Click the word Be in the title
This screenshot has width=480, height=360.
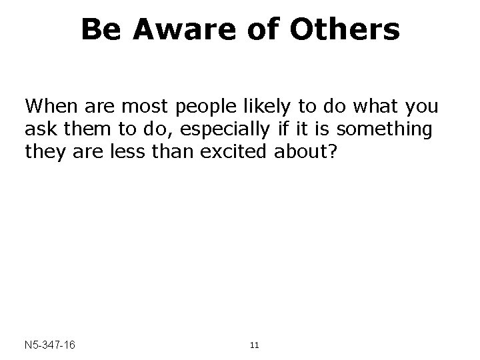point(101,29)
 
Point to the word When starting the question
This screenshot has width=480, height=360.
point(49,106)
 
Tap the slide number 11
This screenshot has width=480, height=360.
point(253,345)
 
